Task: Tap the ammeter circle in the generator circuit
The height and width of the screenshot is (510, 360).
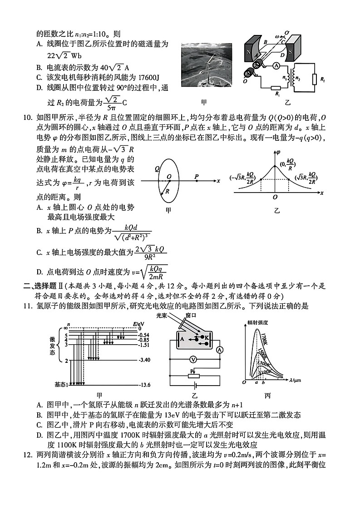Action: click(x=275, y=66)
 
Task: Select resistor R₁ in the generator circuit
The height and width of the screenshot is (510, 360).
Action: click(x=275, y=89)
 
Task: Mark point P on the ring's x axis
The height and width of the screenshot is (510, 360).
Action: click(x=196, y=180)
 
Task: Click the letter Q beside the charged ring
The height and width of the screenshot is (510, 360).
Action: click(x=157, y=168)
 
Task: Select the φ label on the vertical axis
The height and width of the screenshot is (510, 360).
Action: click(x=277, y=152)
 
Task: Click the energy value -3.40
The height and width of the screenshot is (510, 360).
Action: click(x=145, y=360)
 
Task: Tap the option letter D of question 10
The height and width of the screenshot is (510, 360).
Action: click(x=39, y=272)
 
